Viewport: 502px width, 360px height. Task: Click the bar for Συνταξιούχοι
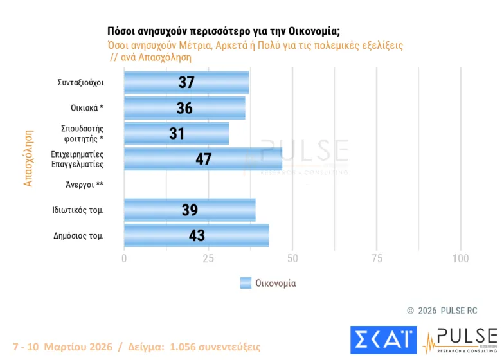186,82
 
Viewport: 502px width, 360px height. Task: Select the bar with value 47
203,159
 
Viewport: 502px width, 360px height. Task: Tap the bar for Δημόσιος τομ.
197,235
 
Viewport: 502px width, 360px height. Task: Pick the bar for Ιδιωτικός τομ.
190,210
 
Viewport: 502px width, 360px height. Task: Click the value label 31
177,134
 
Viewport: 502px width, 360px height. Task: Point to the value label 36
184,108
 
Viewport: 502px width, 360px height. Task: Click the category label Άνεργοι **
84,184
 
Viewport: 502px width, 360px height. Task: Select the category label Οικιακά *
87,108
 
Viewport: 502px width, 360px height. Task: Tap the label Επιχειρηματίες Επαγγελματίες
77,159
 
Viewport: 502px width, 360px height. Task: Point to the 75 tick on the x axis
377,258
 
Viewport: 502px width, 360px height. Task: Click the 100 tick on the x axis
460,258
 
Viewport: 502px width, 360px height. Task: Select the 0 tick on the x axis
124,258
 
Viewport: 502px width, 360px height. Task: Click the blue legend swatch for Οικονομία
245,283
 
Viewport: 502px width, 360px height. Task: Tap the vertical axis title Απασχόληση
28,158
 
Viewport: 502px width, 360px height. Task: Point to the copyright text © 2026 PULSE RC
442,310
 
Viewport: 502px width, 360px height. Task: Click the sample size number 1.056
186,346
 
